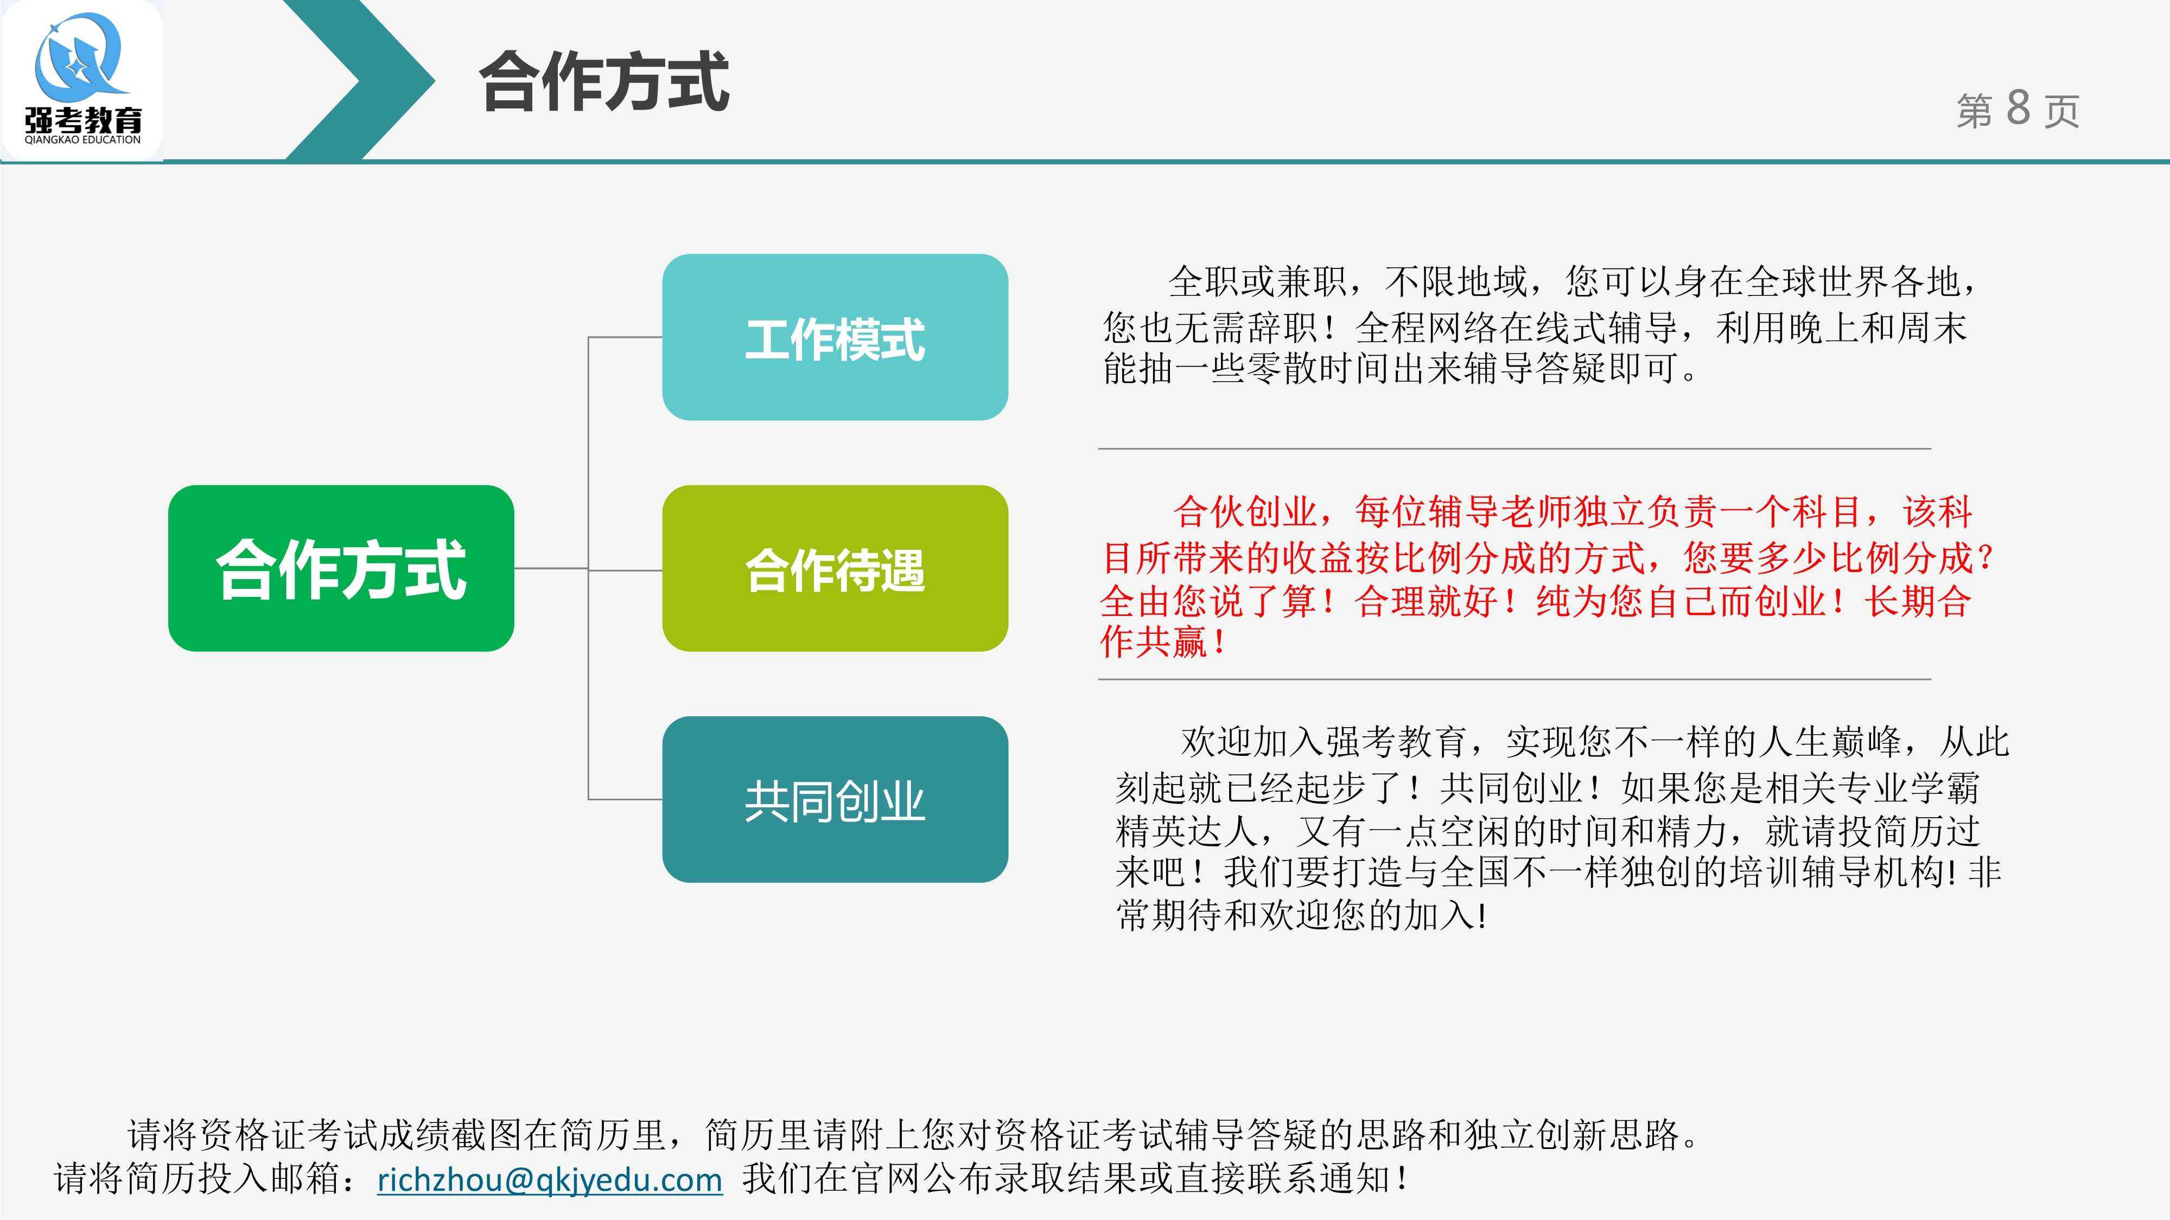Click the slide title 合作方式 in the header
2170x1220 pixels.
pyautogui.click(x=603, y=82)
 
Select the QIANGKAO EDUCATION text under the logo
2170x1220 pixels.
pyautogui.click(x=82, y=140)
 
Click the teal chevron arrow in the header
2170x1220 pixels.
pyautogui.click(x=362, y=81)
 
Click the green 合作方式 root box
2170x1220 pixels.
pyautogui.click(x=341, y=568)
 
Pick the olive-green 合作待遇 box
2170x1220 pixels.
pyautogui.click(x=835, y=568)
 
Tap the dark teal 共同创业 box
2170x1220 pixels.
pyautogui.click(x=835, y=800)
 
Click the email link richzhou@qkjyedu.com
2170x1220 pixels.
pyautogui.click(x=549, y=1179)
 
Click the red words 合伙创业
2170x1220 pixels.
pyautogui.click(x=1245, y=512)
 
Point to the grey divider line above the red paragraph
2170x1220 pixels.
pyautogui.click(x=1514, y=449)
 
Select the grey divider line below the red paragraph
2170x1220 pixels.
pyautogui.click(x=1514, y=679)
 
